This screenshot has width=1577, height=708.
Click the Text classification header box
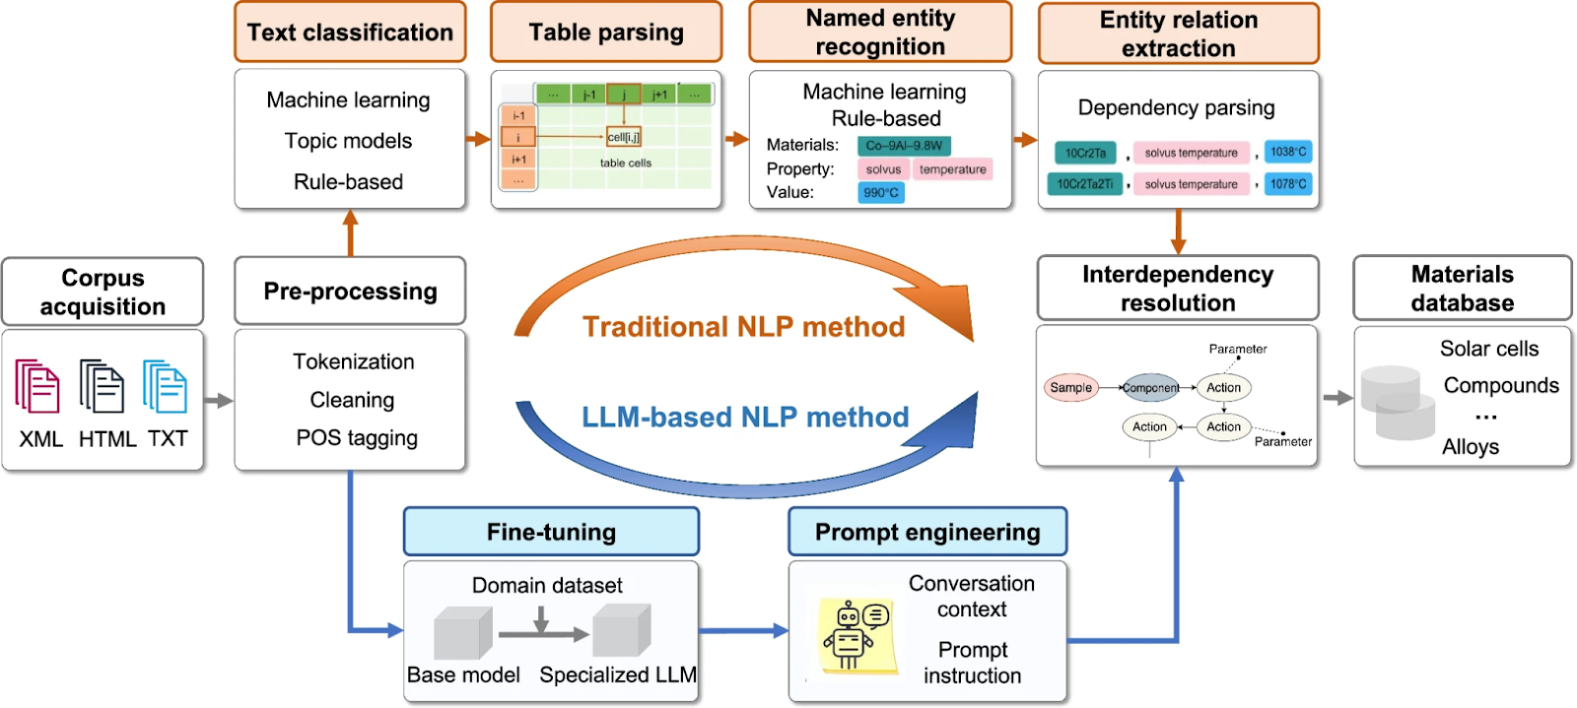tap(350, 32)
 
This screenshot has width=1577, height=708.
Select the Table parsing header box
tap(606, 32)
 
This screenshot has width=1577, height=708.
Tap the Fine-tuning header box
tap(551, 532)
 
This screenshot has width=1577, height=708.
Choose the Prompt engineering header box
tap(927, 532)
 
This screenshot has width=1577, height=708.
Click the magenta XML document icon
tap(37, 386)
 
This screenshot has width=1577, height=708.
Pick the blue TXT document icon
tap(165, 386)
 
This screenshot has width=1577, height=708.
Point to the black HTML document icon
tap(102, 386)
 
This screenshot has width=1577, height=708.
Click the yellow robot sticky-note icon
tap(857, 636)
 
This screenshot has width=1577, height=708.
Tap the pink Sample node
tap(1070, 388)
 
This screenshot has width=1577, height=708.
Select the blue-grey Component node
tap(1150, 388)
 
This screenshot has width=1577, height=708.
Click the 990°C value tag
tap(881, 193)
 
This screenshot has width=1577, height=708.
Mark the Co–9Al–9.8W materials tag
tap(904, 146)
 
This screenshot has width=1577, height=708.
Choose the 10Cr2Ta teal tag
tap(1085, 153)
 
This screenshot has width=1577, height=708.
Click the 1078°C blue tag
tap(1288, 184)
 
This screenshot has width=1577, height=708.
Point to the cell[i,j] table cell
tap(624, 137)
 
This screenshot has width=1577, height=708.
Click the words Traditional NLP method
tap(743, 327)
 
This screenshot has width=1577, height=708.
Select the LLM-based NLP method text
tap(745, 418)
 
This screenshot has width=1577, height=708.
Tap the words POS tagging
tap(357, 438)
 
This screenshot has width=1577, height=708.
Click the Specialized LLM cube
tap(621, 630)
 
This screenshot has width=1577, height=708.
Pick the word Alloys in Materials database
tap(1471, 447)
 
